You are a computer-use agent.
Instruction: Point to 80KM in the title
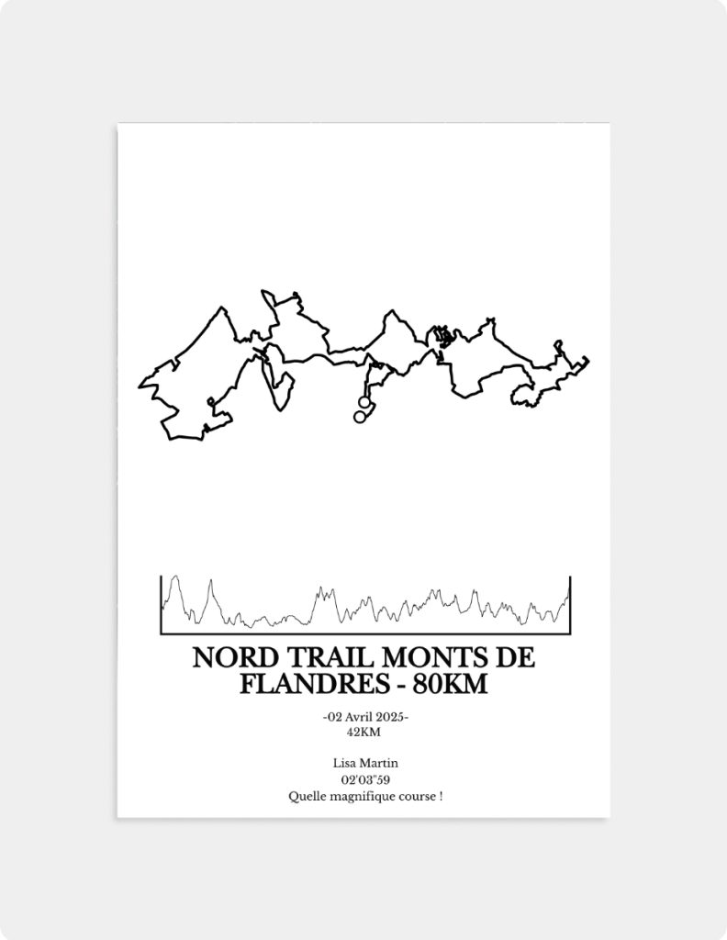tap(451, 684)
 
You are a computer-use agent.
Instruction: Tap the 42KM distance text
tap(363, 732)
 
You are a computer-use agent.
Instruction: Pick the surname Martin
tap(381, 763)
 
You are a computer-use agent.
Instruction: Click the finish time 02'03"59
tap(363, 779)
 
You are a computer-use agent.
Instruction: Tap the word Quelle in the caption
tap(305, 796)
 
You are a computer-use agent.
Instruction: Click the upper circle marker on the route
tap(364, 402)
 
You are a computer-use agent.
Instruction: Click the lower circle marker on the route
tap(360, 417)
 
